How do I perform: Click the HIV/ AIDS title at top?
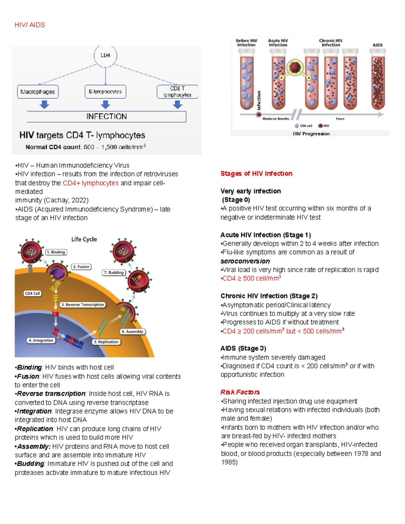(30, 25)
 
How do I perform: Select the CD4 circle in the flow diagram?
(105, 55)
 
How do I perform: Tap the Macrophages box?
(38, 92)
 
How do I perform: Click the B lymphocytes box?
(105, 92)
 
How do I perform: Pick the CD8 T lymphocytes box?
(177, 92)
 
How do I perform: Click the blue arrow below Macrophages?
(44, 105)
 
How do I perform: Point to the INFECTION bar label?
(106, 116)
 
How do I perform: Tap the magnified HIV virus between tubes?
(295, 67)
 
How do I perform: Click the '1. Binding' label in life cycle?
(56, 252)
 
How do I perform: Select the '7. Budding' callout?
(114, 272)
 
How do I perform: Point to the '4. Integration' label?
(41, 340)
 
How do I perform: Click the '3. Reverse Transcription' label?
(83, 305)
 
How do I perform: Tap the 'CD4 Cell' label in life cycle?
(32, 294)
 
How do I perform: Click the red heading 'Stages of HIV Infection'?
(256, 173)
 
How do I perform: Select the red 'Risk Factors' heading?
(240, 392)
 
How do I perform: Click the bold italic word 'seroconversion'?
(245, 261)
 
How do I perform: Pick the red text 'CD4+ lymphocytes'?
(90, 183)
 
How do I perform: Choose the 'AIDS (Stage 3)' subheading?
(243, 348)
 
